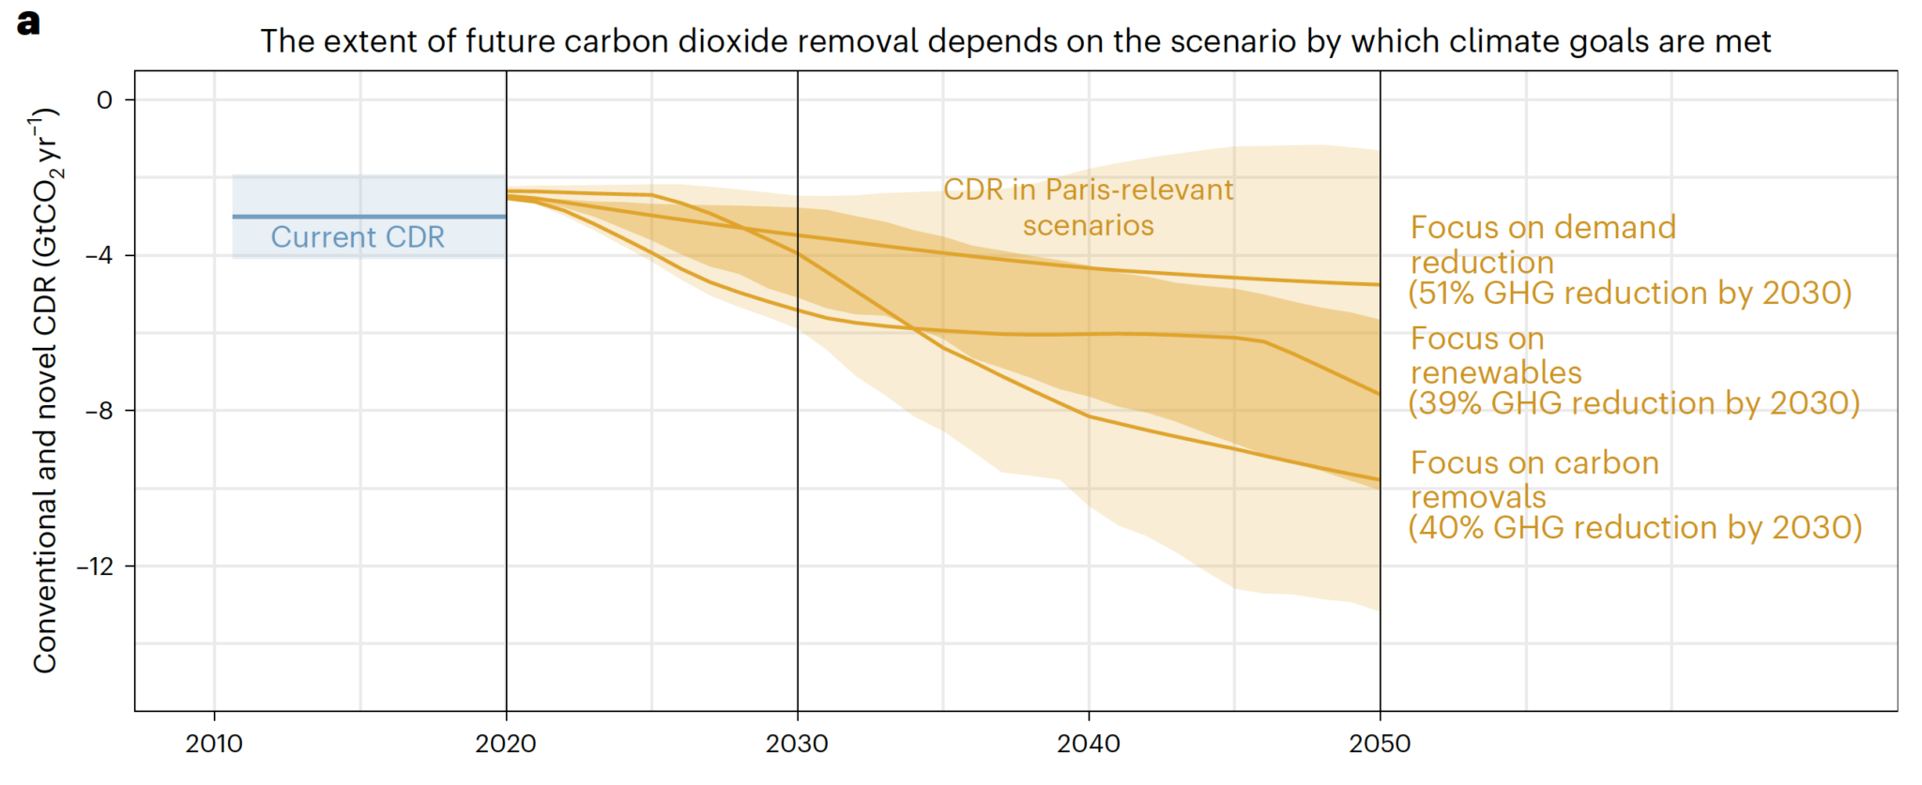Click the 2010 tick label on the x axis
214,744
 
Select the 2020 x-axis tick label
506,744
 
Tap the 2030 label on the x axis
797,744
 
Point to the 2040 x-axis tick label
1089,744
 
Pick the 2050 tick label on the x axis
1380,744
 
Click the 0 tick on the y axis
104,100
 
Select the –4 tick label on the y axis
99,255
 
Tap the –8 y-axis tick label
99,411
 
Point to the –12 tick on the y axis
95,566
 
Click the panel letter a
28,23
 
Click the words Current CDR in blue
358,237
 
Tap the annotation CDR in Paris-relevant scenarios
1088,207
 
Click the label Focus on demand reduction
1542,245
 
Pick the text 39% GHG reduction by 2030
1633,403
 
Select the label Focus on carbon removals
1534,479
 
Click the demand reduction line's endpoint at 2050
1380,284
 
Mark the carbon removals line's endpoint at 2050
1380,480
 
